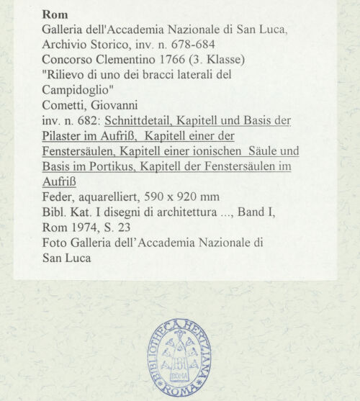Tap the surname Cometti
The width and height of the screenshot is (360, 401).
[x=65, y=104]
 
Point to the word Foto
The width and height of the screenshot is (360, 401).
[x=55, y=243]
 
